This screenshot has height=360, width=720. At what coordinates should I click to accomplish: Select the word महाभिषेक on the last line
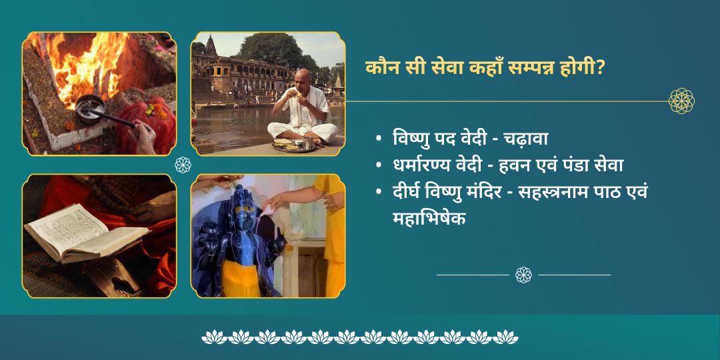429,217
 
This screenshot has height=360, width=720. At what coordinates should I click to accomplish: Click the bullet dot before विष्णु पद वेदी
379,140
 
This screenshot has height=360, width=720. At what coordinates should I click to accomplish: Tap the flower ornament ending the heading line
681,101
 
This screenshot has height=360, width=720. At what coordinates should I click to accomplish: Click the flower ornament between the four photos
183,165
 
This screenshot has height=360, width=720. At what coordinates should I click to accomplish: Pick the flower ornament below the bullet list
523,275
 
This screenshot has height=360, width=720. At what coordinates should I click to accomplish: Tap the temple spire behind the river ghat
211,45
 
